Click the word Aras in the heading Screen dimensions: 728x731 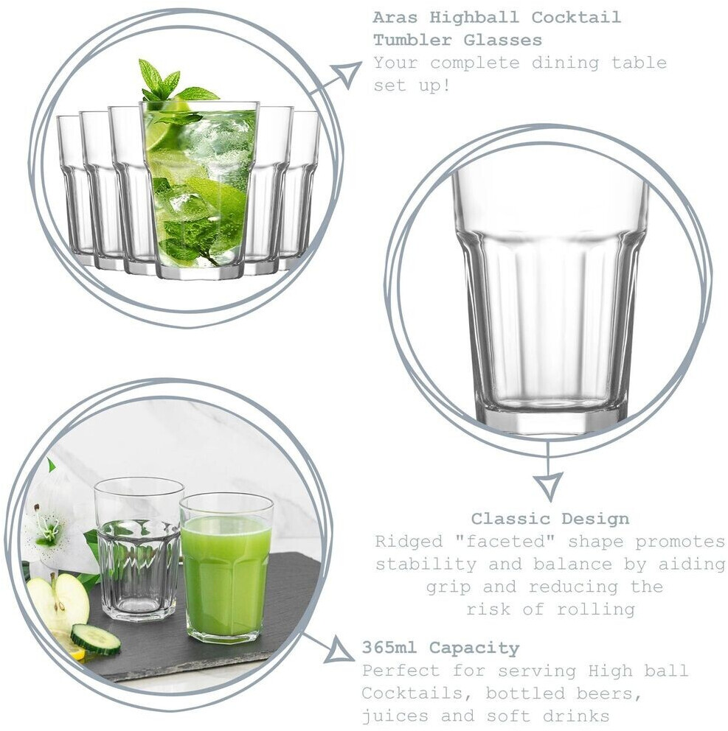tap(395, 17)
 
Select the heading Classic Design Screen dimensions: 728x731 tap(550, 519)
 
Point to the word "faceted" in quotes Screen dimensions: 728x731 tap(505, 542)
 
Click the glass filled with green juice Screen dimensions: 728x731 tap(226, 567)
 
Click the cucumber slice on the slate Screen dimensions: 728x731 tap(96, 639)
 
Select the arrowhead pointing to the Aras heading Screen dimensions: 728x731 tap(347, 73)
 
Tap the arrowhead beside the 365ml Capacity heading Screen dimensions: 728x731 tap(340, 650)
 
